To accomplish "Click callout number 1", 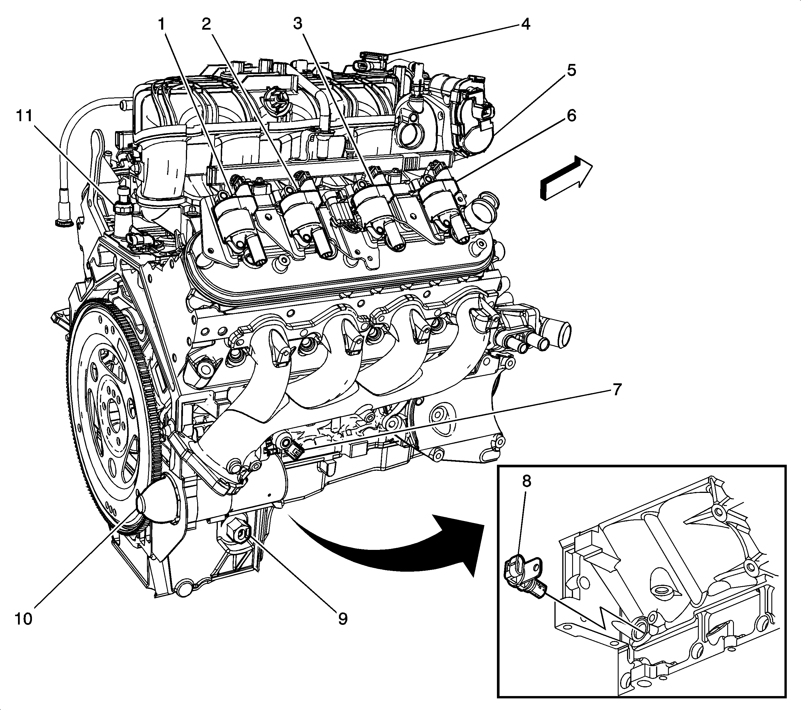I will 161,25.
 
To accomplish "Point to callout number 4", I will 525,25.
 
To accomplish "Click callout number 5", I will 571,71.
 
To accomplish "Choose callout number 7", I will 616,390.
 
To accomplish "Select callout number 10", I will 24,619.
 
